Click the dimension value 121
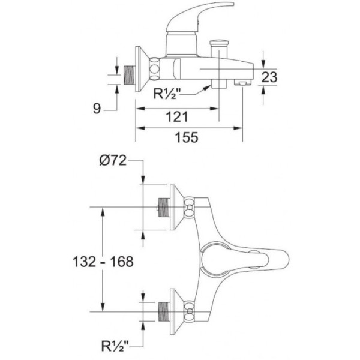click(x=177, y=116)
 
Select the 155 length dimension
click(x=187, y=137)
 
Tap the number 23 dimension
click(x=269, y=77)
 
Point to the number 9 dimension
click(x=97, y=109)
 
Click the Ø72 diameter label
click(x=113, y=160)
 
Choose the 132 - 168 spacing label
click(x=103, y=262)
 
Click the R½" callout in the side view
click(x=167, y=94)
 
